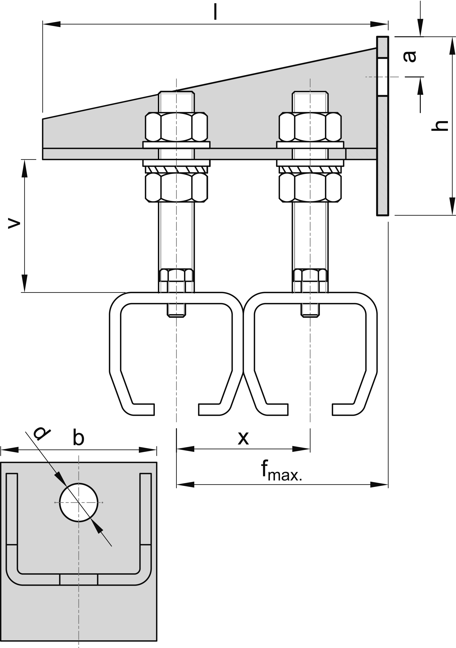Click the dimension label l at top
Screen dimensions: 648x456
tap(215, 12)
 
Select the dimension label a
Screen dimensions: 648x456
tap(409, 56)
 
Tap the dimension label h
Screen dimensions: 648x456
tap(440, 126)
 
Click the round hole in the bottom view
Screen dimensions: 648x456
tap(79, 502)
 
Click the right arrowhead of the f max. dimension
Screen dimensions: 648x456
tap(379, 485)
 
